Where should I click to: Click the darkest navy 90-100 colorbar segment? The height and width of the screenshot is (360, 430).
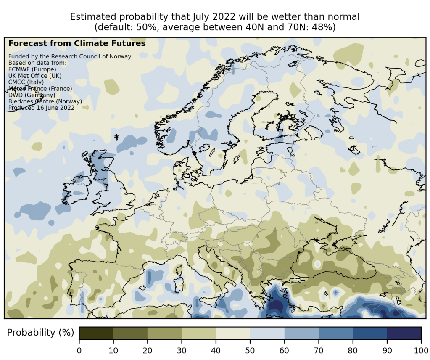click(404, 333)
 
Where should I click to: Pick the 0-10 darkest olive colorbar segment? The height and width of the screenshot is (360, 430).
click(96, 333)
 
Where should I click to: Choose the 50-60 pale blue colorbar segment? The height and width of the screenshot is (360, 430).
click(267, 333)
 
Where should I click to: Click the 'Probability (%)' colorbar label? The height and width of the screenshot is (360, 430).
click(40, 333)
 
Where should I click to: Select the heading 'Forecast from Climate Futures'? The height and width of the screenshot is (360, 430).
click(77, 43)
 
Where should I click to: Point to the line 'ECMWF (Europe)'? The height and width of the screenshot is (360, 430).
click(32, 69)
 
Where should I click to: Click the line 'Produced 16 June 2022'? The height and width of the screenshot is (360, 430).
click(42, 108)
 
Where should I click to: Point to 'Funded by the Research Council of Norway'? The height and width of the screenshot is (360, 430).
click(70, 57)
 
